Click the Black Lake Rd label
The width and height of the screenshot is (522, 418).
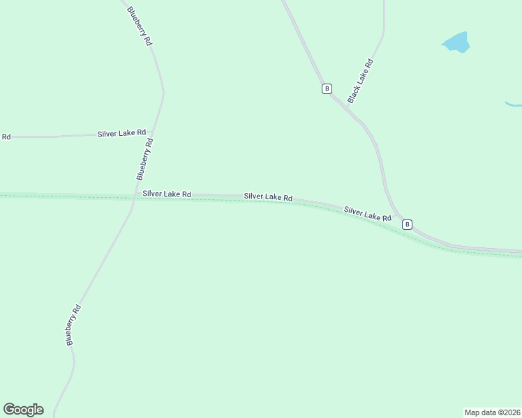pos(361,81)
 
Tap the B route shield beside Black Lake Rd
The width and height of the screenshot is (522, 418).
pos(326,88)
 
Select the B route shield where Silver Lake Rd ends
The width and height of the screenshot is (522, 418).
pos(407,224)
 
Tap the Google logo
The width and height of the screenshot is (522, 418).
pos(23,410)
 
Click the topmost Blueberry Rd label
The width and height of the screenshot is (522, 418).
pos(139,25)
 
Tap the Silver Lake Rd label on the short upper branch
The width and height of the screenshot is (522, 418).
pos(122,132)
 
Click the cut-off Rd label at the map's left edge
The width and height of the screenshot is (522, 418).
pos(6,137)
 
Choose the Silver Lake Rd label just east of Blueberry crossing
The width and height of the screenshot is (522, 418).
pos(167,194)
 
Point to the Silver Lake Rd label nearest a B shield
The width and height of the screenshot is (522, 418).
pos(367,213)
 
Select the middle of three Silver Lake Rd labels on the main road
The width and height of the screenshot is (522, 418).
pos(268,197)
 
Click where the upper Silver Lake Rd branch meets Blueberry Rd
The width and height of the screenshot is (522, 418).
pos(154,133)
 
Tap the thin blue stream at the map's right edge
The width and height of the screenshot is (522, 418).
pos(513,105)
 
